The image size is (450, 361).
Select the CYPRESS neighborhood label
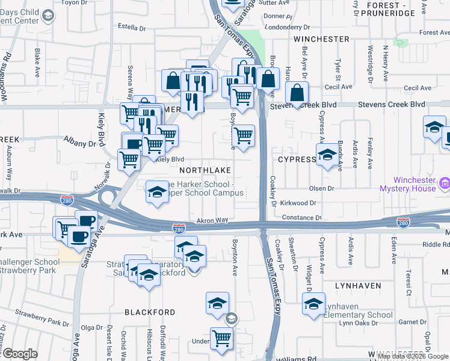(x=297, y=159)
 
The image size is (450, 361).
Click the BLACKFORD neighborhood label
(x=150, y=312)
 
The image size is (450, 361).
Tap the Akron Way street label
(x=214, y=221)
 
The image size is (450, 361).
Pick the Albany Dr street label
(x=80, y=143)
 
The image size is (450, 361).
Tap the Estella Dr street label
(x=132, y=28)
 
